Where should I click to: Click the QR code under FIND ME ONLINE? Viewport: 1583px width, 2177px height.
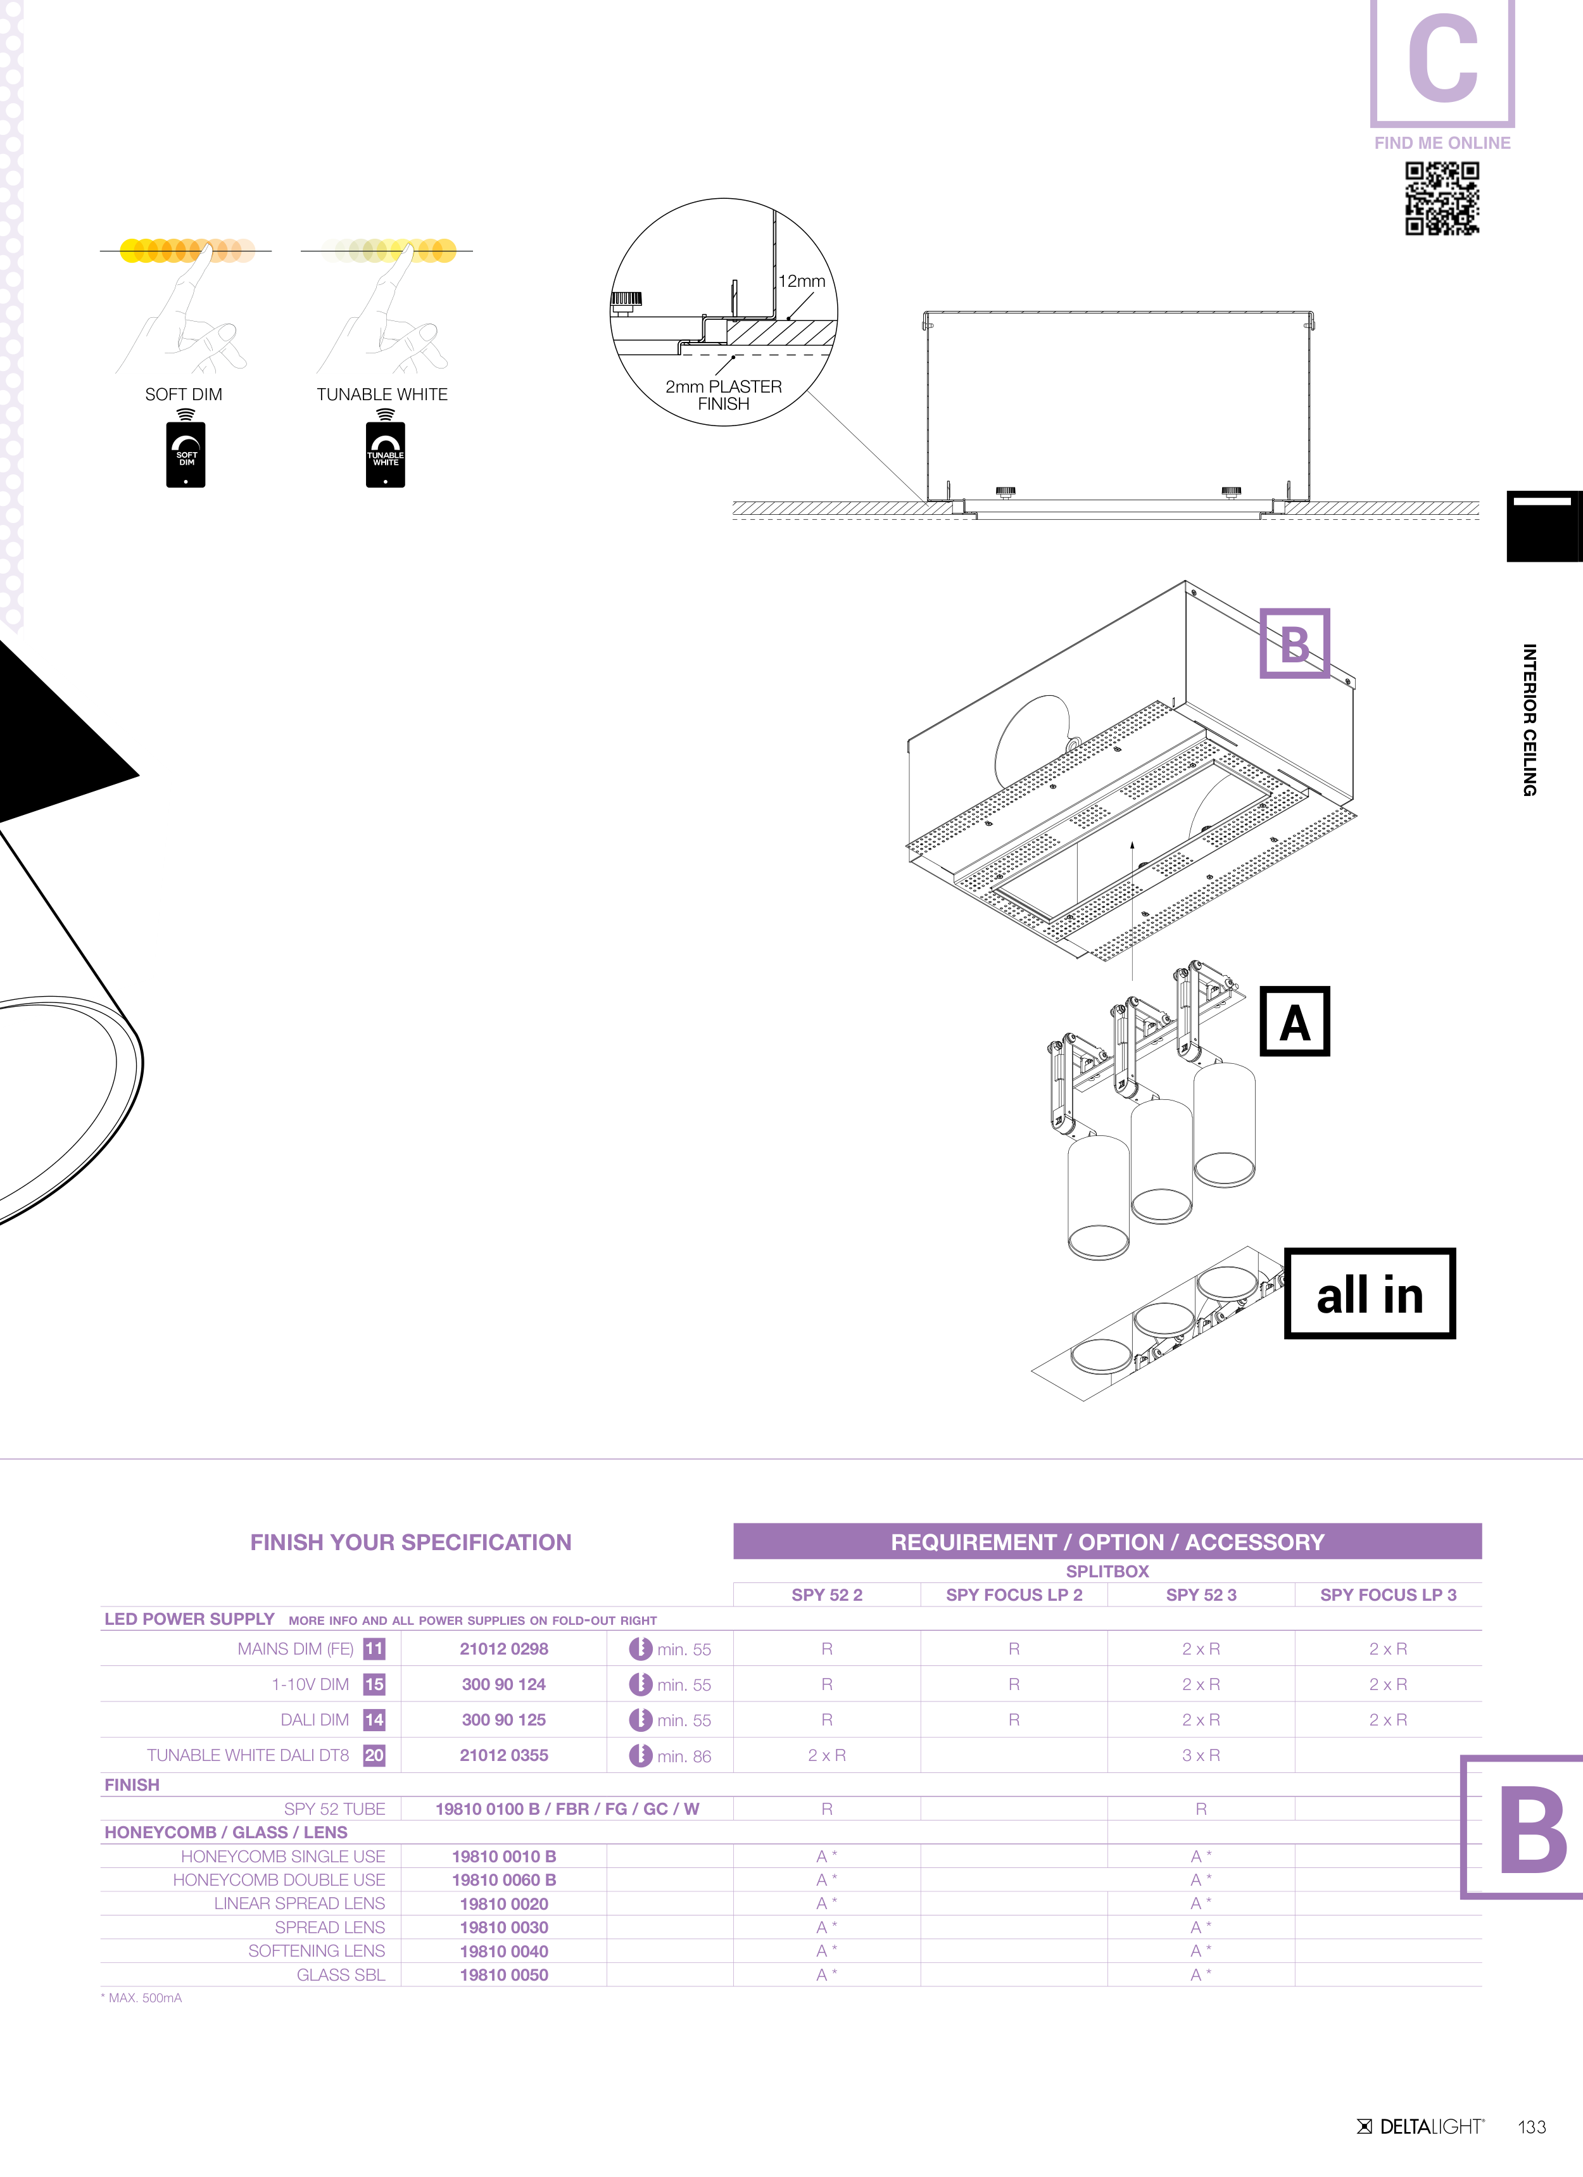pos(1442,198)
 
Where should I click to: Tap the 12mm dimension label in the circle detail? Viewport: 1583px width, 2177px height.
pos(802,281)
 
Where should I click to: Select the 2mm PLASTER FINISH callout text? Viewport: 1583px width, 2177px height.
pos(724,394)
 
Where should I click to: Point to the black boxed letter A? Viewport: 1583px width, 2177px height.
pos(1294,1021)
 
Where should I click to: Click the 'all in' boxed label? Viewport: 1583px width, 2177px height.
pos(1369,1294)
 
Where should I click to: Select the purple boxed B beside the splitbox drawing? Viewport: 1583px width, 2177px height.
pos(1294,643)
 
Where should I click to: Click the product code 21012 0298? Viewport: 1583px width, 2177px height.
pos(504,1649)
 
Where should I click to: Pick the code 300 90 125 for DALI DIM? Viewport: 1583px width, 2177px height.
pos(504,1720)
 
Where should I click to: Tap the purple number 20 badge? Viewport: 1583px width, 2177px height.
pos(374,1756)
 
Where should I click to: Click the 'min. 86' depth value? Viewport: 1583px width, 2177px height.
pos(683,1757)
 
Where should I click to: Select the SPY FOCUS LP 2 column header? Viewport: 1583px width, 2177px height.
pos(1014,1595)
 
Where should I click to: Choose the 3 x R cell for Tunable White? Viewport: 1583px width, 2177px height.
pos(1201,1756)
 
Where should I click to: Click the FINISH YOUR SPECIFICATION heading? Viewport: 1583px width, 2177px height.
pos(411,1543)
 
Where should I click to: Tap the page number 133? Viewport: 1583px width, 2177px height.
pos(1532,2127)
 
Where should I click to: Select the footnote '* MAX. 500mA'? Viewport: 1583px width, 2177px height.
pos(142,1998)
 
